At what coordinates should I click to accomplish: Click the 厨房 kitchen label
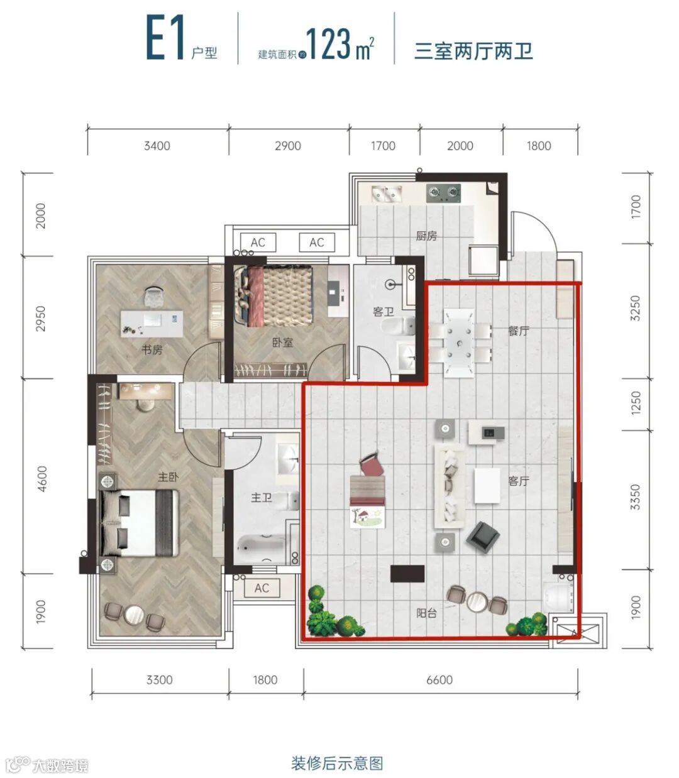[x=426, y=236]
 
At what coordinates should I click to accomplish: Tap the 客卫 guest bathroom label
[x=383, y=312]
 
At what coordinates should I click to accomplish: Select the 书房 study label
[x=152, y=349]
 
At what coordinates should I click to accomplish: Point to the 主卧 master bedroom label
[x=168, y=476]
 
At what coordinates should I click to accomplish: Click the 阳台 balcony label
[x=426, y=613]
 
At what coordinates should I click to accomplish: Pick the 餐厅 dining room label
[x=519, y=331]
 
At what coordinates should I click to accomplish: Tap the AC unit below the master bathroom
[x=262, y=588]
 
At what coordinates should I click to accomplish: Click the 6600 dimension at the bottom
[x=439, y=679]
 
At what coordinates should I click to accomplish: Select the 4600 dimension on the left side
[x=42, y=479]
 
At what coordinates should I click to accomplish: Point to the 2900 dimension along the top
[x=287, y=146]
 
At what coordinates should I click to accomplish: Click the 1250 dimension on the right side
[x=636, y=403]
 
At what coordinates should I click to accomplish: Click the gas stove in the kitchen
[x=443, y=193]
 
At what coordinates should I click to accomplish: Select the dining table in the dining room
[x=460, y=344]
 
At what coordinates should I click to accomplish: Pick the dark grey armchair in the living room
[x=483, y=537]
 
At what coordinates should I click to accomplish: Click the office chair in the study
[x=154, y=295]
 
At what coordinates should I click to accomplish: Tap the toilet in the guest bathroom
[x=398, y=326]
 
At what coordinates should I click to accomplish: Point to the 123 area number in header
[x=328, y=44]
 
